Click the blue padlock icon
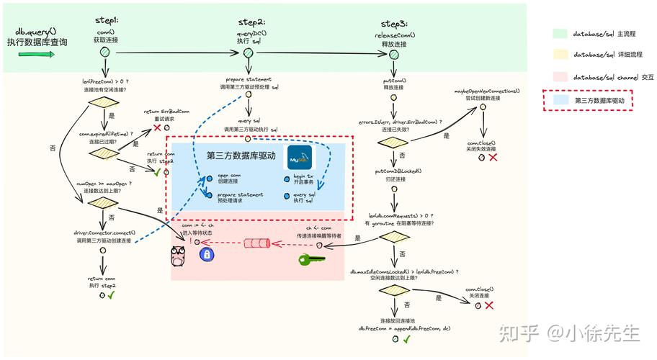(x=206, y=254)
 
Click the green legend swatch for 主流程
(x=559, y=34)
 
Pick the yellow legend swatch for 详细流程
(x=559, y=54)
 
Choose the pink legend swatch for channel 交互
(x=559, y=76)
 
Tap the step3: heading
(x=394, y=24)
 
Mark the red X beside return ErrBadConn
(x=157, y=127)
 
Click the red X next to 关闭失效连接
(x=493, y=157)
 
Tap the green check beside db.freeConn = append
(x=407, y=338)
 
